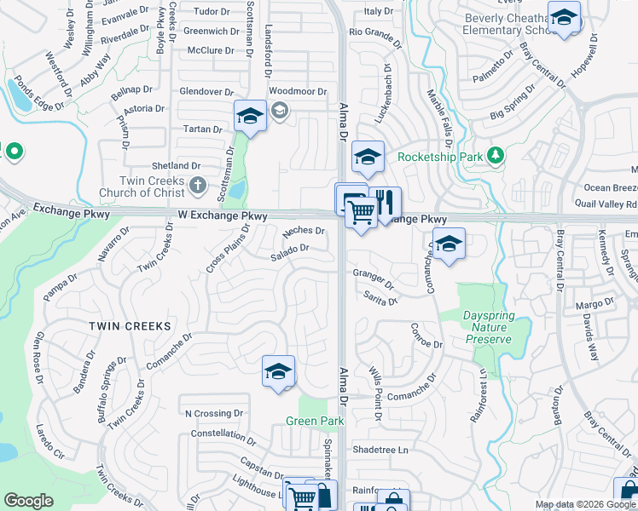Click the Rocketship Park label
tap(439, 157)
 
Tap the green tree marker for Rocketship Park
tap(494, 156)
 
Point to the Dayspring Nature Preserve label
tap(489, 328)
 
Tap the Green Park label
tap(314, 422)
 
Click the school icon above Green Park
tap(278, 372)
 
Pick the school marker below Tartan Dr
tap(250, 116)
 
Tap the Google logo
tap(28, 501)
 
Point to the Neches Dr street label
tap(304, 231)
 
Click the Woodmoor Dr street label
tap(298, 91)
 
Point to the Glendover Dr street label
tap(206, 91)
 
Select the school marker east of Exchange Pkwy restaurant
tap(449, 244)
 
